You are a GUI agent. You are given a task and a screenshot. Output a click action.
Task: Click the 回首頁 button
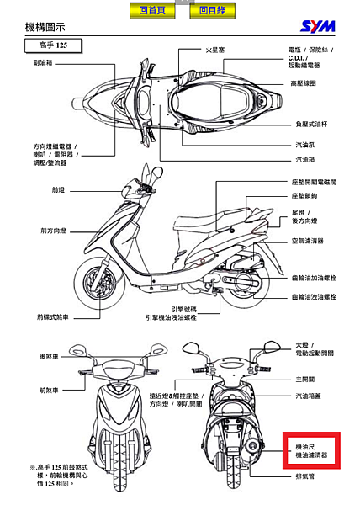click(x=152, y=11)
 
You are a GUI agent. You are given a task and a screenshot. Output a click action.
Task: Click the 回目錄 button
click(x=213, y=11)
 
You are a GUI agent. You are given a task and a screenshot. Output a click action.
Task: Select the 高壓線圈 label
click(x=304, y=83)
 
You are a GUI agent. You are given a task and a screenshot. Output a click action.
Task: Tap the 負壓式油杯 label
click(x=307, y=123)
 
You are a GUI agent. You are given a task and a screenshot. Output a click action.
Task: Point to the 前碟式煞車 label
click(x=52, y=317)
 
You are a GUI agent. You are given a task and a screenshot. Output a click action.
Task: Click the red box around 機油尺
click(x=309, y=450)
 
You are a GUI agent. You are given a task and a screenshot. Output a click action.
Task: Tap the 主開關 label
click(x=304, y=378)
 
